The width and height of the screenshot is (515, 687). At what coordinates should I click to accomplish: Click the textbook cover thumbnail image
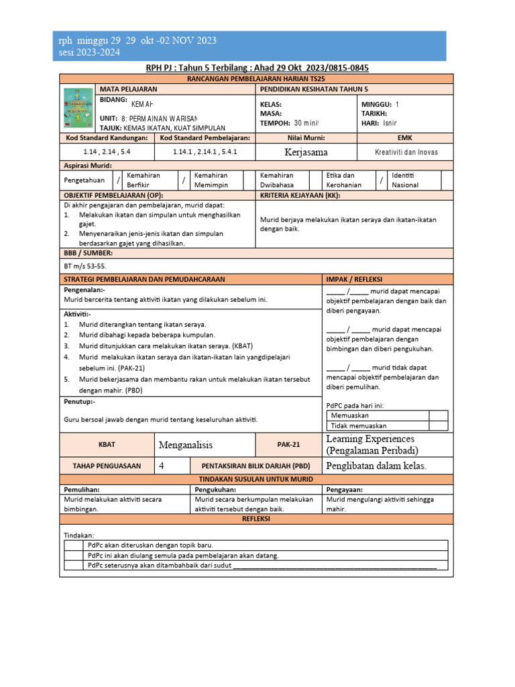(x=78, y=110)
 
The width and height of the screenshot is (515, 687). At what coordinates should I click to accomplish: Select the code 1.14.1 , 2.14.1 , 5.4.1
(x=205, y=152)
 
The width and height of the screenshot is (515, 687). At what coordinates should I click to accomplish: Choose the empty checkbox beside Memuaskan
(x=438, y=415)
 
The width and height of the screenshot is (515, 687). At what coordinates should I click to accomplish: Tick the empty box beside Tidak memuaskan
(x=438, y=425)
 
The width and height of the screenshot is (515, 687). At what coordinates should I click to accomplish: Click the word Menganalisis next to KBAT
(x=190, y=444)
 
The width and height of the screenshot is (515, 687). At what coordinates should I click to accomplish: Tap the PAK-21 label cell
(x=289, y=444)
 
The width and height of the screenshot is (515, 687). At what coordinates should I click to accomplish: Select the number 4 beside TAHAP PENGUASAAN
(x=162, y=466)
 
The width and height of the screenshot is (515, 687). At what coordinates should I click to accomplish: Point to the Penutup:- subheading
(x=79, y=401)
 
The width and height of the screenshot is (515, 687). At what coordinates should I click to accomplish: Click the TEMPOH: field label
(x=275, y=123)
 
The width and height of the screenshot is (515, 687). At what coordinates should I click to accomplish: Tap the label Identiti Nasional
(x=406, y=180)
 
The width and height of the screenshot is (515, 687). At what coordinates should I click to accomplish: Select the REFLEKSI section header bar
(x=257, y=519)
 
